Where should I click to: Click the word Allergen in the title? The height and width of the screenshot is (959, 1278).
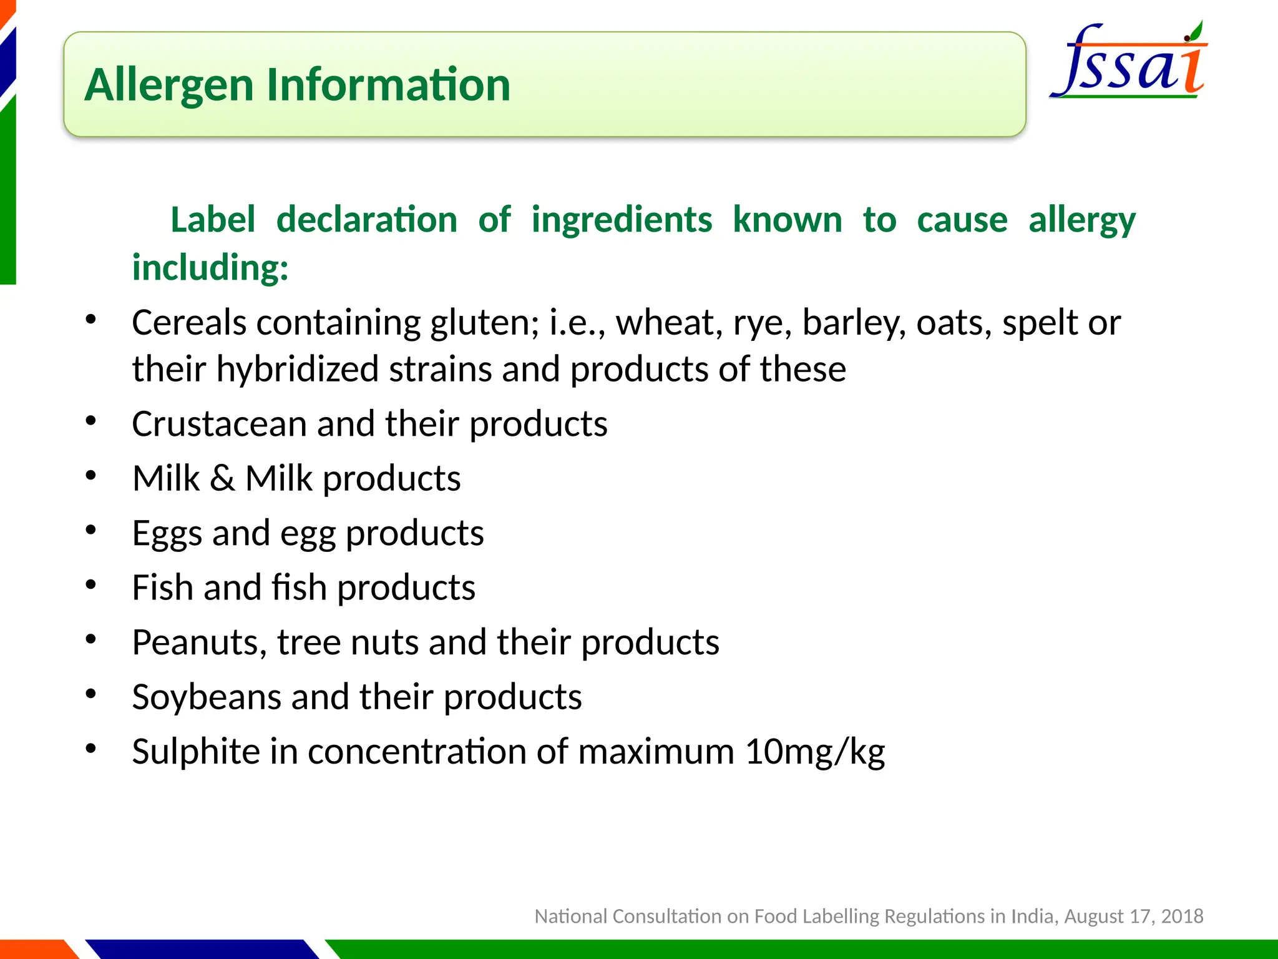(x=169, y=85)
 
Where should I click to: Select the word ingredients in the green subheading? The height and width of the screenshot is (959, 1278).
(x=622, y=220)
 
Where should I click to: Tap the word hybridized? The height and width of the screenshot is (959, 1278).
(x=298, y=369)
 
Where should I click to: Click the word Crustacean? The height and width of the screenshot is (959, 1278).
(x=219, y=424)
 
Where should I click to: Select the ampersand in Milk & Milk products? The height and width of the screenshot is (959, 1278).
(x=222, y=479)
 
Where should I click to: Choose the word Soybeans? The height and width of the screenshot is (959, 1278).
(x=206, y=697)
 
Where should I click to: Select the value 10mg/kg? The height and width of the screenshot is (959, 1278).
(x=815, y=752)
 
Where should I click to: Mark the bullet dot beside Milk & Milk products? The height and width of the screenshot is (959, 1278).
(x=91, y=476)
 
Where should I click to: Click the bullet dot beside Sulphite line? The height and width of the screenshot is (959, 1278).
(x=91, y=749)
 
